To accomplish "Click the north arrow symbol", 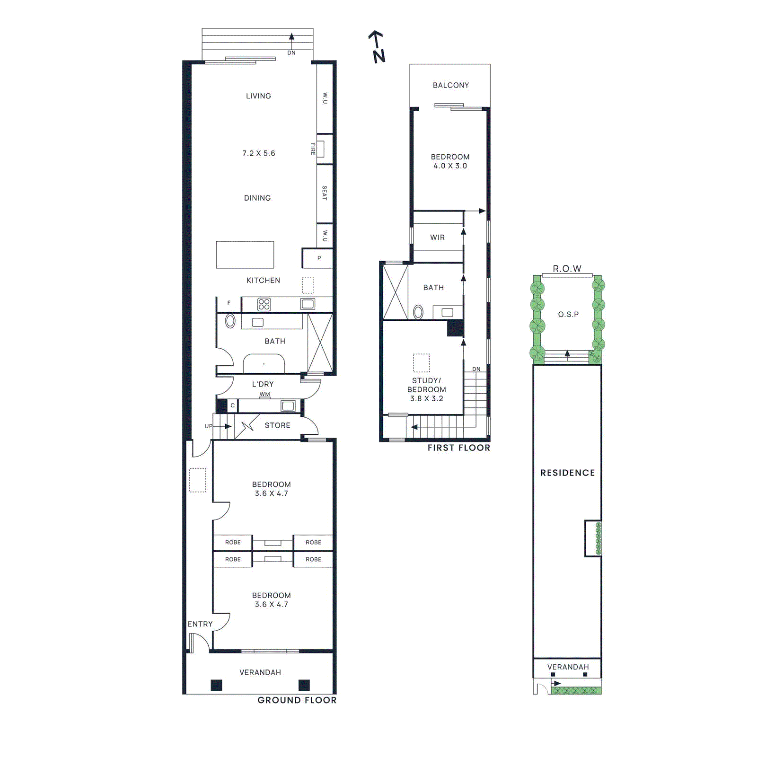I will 377,46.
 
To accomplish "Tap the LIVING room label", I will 258,96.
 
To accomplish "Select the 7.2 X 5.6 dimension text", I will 258,153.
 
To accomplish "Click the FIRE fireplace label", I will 313,149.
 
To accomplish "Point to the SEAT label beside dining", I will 324,193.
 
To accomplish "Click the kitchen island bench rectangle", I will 245,255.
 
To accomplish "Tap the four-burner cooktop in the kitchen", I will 264,304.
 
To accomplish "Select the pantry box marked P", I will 318,258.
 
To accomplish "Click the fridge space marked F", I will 229,303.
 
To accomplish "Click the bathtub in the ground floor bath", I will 264,364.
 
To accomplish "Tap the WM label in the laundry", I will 264,394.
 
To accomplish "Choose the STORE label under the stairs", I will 277,425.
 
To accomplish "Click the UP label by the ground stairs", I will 208,426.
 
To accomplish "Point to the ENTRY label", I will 200,624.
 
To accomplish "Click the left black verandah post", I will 216,685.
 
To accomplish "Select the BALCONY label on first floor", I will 450,85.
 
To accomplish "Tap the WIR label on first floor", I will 437,238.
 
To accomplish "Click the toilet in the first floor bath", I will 418,312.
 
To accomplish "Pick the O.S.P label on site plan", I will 568,314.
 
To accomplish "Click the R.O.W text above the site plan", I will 567,269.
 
